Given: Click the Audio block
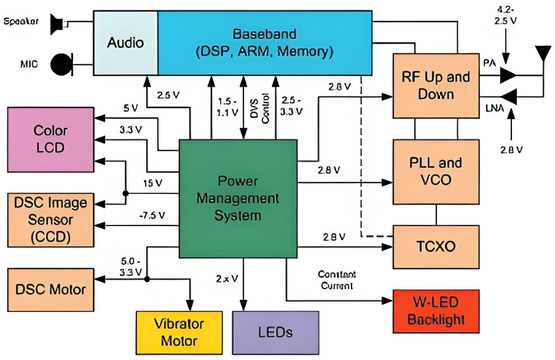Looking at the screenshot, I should tap(125, 43).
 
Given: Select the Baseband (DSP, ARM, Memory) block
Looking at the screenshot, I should tap(265, 43).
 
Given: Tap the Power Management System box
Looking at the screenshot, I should tap(239, 198).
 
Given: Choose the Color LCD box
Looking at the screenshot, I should tap(50, 139).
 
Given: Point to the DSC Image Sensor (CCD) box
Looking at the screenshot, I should tap(50, 219).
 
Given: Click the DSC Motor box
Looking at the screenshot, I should tap(50, 289).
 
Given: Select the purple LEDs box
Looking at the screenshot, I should tap(275, 332).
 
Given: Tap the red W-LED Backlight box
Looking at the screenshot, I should tap(436, 311).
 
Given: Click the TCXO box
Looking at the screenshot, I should tap(436, 246).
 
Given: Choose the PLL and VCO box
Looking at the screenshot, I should tap(436, 171).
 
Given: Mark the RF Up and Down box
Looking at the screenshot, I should tap(436, 85).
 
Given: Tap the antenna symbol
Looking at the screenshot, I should tap(543, 55).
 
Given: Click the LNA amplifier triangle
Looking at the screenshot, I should tap(508, 96).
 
